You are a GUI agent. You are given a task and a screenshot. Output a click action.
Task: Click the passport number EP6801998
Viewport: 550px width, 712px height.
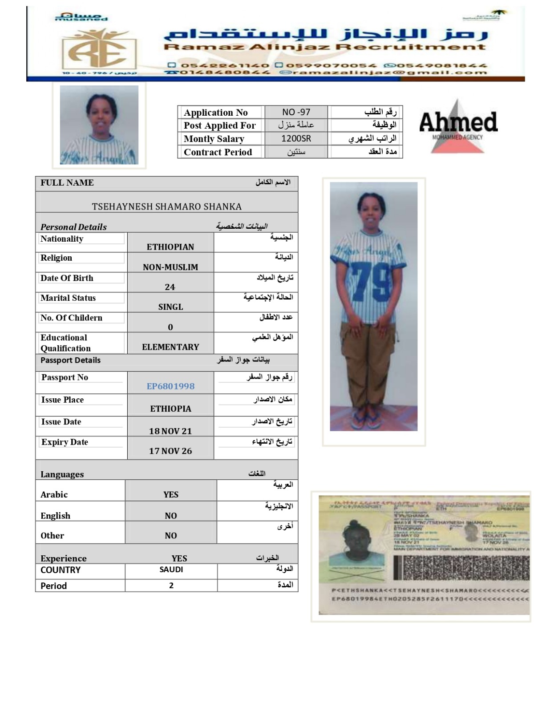click(x=170, y=386)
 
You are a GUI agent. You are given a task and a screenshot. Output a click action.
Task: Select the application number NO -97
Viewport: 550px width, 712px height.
click(x=296, y=112)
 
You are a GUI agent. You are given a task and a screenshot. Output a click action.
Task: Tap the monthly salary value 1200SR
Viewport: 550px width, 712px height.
click(x=296, y=138)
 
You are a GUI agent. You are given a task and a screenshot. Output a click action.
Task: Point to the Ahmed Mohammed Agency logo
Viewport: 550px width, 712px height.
click(x=458, y=126)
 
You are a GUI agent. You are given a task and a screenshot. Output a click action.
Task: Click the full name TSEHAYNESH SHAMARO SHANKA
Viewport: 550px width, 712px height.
click(x=166, y=206)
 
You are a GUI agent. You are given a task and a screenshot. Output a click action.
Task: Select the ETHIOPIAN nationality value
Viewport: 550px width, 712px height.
click(x=170, y=247)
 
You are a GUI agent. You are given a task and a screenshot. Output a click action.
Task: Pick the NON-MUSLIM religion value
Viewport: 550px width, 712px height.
click(x=170, y=267)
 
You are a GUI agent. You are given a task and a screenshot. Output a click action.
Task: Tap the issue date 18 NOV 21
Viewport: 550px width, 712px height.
click(x=170, y=431)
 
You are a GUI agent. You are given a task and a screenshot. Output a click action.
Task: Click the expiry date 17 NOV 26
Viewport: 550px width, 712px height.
click(x=170, y=451)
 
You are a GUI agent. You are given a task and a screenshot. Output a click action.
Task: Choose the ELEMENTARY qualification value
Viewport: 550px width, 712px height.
click(x=170, y=347)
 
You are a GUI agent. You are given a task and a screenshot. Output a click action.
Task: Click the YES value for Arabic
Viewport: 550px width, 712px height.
click(x=170, y=494)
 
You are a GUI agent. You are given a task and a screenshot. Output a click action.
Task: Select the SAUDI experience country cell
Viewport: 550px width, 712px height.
click(x=171, y=570)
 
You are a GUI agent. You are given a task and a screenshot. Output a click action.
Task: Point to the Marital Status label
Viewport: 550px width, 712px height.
click(x=68, y=298)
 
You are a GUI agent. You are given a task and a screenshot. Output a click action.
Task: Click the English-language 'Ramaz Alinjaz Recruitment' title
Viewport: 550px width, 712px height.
click(x=324, y=47)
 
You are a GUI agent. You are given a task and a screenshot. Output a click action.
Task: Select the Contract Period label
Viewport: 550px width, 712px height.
click(x=218, y=152)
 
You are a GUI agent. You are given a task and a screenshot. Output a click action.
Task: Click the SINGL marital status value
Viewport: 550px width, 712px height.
click(x=170, y=307)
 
